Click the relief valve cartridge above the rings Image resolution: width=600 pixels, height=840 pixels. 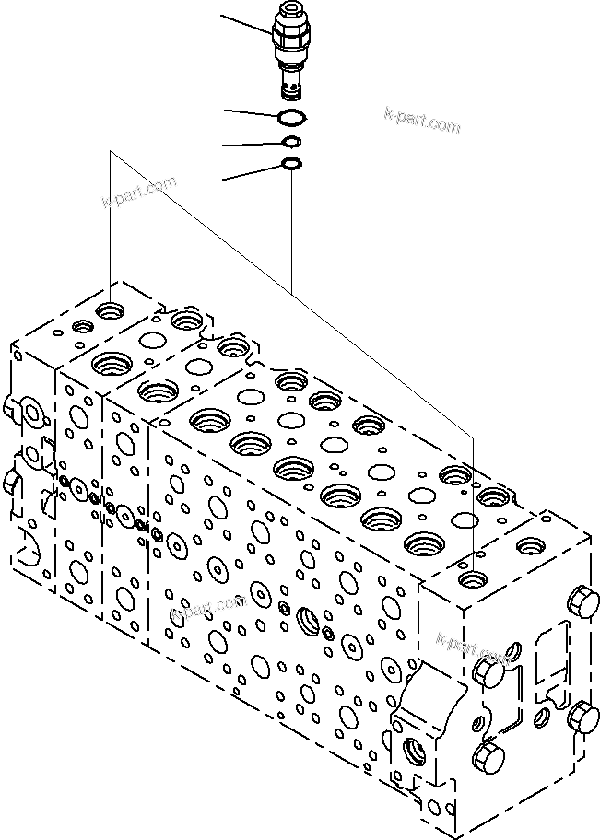(290, 51)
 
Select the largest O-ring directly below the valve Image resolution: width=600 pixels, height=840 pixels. (290, 117)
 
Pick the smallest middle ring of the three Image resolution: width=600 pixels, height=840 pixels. (291, 142)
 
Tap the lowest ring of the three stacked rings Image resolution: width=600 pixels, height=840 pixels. (291, 164)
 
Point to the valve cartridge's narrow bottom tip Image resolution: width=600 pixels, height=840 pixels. (290, 89)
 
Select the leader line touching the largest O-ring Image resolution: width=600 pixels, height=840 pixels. (251, 113)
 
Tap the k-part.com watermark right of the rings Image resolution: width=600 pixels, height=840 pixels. (421, 120)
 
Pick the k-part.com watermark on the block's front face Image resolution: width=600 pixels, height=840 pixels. (207, 608)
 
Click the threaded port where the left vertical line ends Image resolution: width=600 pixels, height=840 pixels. (111, 311)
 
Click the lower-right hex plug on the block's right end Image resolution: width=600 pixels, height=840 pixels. (582, 716)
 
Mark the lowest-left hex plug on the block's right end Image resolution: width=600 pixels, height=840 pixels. (486, 759)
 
